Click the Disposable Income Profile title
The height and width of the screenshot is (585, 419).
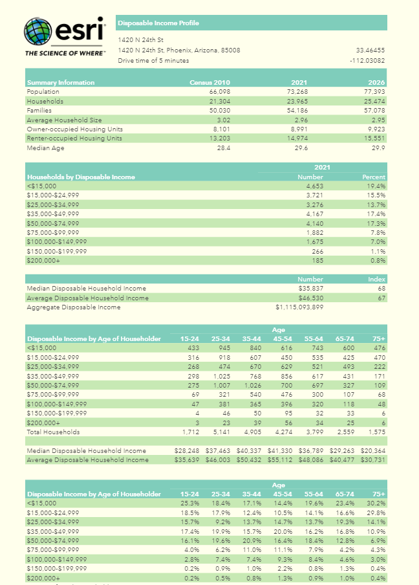click(x=158, y=23)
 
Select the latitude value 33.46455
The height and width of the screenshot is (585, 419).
click(x=371, y=50)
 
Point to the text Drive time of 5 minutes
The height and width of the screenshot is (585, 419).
click(x=153, y=61)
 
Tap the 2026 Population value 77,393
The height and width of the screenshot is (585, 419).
click(x=373, y=92)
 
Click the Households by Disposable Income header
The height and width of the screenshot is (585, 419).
click(x=81, y=177)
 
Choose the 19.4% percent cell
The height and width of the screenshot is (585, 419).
click(x=376, y=186)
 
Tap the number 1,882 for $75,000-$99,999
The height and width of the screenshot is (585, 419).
click(x=313, y=232)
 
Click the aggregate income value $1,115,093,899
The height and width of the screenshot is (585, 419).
click(x=299, y=307)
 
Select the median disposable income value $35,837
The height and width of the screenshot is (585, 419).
click(x=310, y=289)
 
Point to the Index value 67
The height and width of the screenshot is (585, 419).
click(x=381, y=298)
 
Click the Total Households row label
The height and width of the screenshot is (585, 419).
click(x=53, y=432)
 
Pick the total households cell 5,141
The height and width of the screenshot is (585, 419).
click(x=220, y=432)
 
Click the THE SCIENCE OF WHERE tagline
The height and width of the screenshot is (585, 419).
click(x=65, y=53)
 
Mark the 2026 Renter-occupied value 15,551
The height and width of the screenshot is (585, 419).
click(x=373, y=138)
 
